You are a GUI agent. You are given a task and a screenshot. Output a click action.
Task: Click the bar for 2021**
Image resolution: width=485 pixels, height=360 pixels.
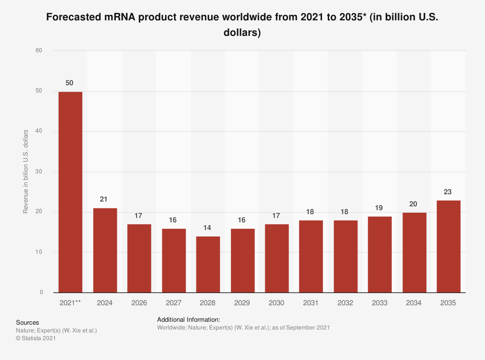(70, 192)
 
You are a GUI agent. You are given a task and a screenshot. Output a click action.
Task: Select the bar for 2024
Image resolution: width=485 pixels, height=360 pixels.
(105, 250)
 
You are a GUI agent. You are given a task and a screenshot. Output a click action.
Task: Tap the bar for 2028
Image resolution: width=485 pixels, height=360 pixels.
(208, 264)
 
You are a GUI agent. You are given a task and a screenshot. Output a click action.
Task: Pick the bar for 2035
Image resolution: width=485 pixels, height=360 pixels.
(448, 246)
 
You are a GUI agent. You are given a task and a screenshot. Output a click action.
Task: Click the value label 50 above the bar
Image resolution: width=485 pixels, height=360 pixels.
(69, 83)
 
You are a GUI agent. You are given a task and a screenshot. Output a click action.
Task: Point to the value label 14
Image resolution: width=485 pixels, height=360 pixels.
(208, 227)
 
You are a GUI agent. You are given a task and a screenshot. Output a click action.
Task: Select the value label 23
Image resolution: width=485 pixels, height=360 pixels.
(448, 191)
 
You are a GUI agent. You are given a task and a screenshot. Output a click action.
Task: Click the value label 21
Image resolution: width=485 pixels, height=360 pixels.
(104, 199)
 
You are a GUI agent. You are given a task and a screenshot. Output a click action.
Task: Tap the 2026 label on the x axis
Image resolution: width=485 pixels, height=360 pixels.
(139, 303)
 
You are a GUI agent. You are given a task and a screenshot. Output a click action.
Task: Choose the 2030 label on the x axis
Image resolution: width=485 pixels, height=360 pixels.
(276, 303)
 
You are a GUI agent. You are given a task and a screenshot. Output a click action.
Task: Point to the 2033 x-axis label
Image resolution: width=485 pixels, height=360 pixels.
(379, 303)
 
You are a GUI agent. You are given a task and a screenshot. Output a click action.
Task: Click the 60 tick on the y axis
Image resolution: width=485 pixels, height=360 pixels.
(39, 50)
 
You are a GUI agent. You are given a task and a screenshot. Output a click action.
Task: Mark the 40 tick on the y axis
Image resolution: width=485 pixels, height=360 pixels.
(39, 131)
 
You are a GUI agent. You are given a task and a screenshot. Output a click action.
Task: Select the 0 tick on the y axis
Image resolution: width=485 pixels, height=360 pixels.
(41, 293)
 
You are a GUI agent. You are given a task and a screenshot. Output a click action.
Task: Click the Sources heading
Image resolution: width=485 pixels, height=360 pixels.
(28, 322)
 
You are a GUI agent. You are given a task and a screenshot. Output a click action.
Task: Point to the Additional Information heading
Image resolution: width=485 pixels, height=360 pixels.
(189, 320)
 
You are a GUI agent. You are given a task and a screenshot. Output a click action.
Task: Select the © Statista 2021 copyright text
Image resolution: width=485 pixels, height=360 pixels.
(36, 339)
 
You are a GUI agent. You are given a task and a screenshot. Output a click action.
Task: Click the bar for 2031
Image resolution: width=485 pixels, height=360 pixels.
(311, 256)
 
